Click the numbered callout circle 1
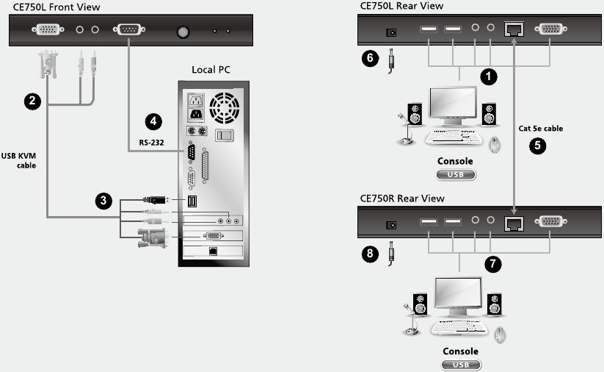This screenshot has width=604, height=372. coord(487,75)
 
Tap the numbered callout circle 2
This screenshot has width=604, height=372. coord(31,102)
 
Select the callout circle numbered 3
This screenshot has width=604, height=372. coord(106,199)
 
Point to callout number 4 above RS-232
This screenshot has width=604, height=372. coord(153,121)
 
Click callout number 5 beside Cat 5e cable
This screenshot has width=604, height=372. coord(539,145)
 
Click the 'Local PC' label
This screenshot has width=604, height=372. coord(211,70)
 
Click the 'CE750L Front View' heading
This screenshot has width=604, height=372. coord(57,7)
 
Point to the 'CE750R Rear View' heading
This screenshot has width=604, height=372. coord(402,198)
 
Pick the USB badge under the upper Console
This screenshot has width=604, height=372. coord(456,174)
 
